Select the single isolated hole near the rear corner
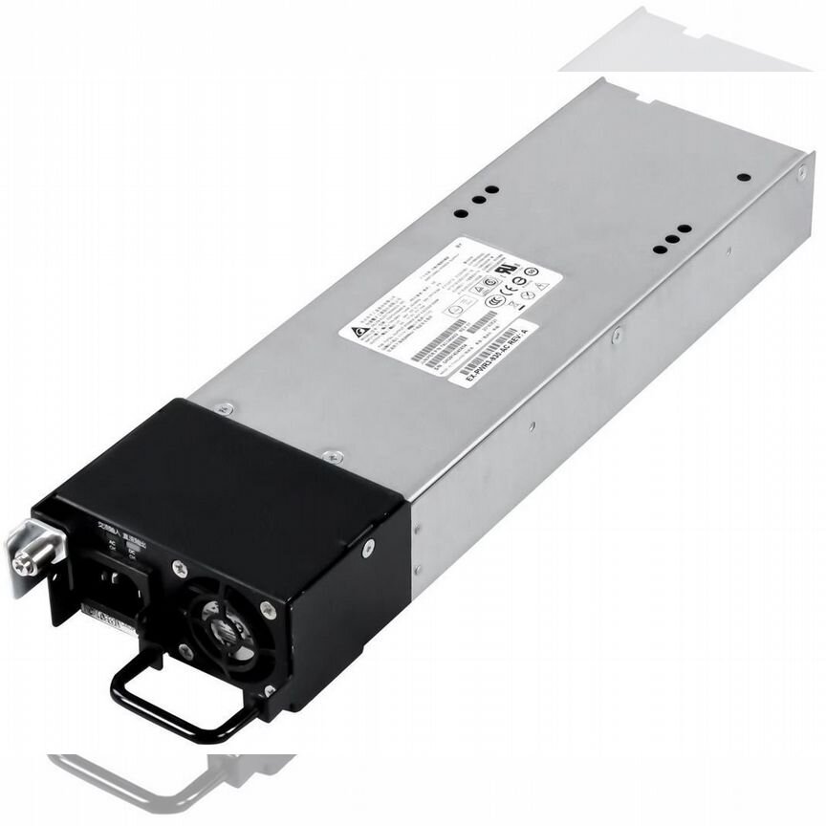742,177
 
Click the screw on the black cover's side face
368,548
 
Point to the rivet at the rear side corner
801,172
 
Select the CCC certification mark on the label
493,300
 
